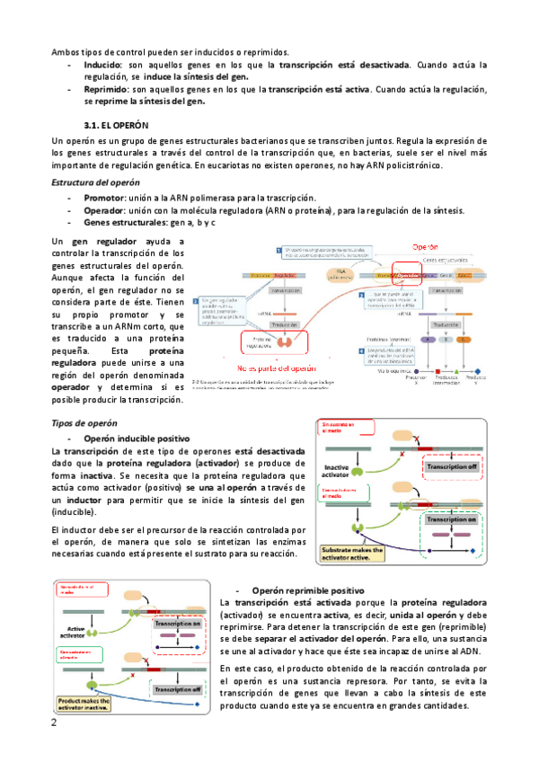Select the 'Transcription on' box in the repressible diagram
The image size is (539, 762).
pyautogui.click(x=178, y=624)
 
